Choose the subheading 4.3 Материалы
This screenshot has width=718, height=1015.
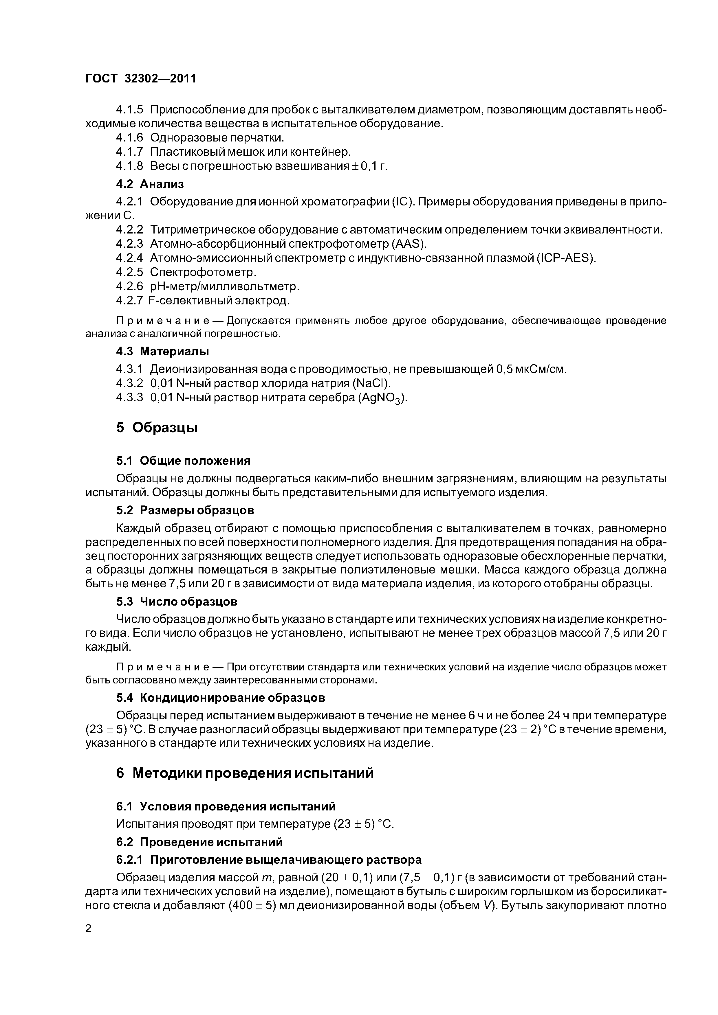(162, 352)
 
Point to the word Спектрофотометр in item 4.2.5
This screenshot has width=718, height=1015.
(203, 272)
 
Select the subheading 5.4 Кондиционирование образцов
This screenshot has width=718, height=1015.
(220, 698)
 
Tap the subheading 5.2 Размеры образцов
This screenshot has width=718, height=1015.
(185, 510)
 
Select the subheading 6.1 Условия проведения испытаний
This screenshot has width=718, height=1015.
(226, 806)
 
